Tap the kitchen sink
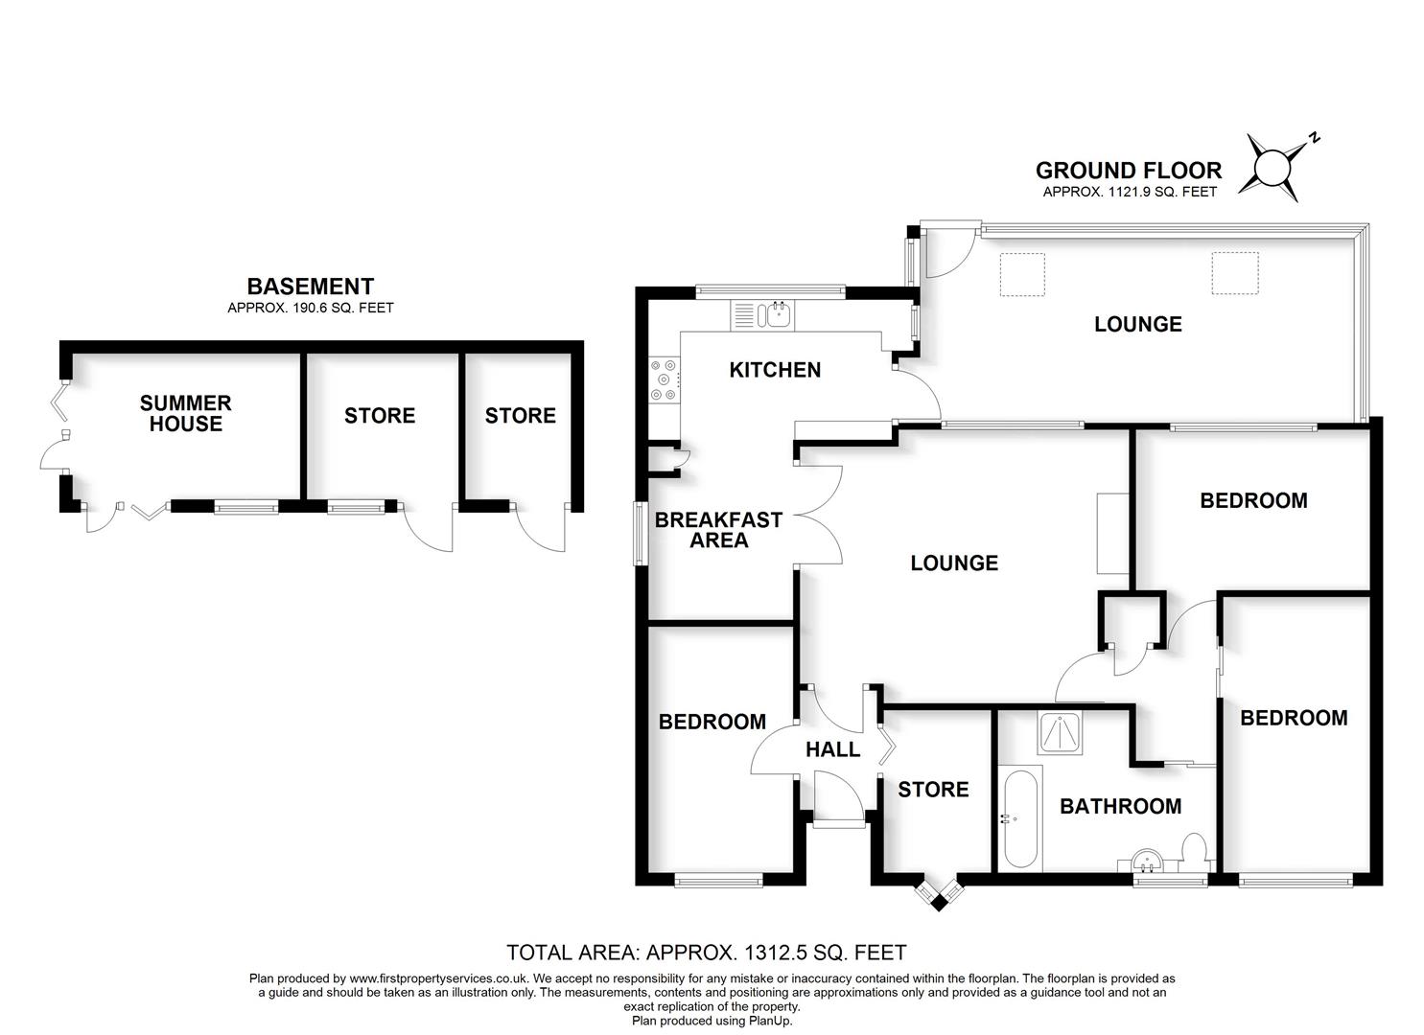click(x=778, y=313)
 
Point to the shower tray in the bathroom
click(x=1061, y=733)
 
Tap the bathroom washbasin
click(x=1147, y=861)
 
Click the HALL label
click(x=832, y=749)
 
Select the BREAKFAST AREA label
click(x=718, y=530)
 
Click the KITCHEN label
click(x=775, y=370)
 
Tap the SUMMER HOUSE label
click(x=186, y=413)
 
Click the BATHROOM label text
click(x=1120, y=806)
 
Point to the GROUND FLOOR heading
click(x=1129, y=171)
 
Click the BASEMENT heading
click(x=310, y=286)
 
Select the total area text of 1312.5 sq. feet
click(x=706, y=953)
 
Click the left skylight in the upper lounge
click(x=1022, y=274)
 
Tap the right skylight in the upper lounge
click(x=1234, y=273)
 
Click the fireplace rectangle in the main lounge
click(x=1113, y=534)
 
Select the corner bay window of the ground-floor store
click(x=936, y=892)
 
